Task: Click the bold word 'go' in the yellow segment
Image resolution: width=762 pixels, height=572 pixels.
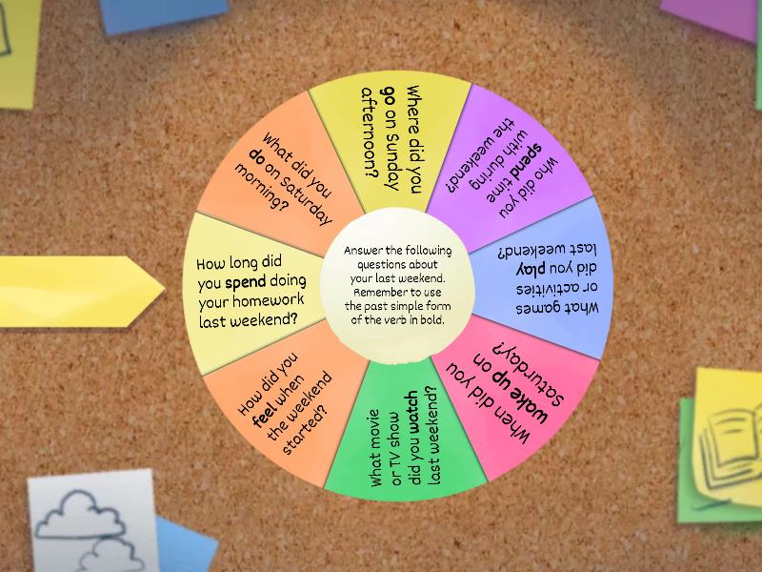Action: pos(391,94)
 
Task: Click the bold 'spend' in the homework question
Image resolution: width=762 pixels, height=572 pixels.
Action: pos(246,282)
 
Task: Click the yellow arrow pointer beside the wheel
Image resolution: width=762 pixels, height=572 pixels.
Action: pos(82,292)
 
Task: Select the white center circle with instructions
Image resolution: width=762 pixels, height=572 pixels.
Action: pos(397,285)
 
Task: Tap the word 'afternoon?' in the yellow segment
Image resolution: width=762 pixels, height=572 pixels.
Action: pos(371,133)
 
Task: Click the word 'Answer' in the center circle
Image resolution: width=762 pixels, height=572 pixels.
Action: pos(364,251)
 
